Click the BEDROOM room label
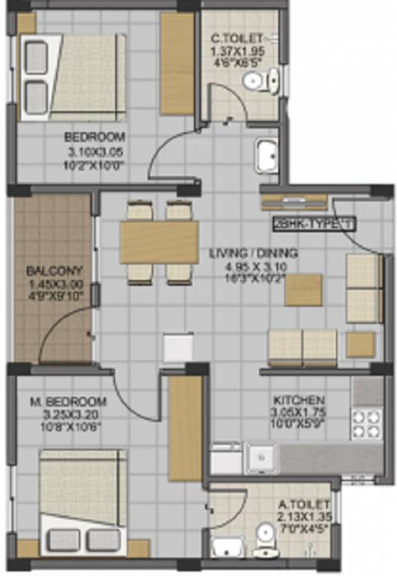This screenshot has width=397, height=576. tap(95, 137)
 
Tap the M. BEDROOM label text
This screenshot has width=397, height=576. tap(68, 402)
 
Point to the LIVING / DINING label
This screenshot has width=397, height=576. tap(254, 253)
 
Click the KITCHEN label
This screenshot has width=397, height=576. tap(299, 400)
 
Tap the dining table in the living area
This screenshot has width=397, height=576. tap(159, 242)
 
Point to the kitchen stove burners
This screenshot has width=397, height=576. tap(368, 424)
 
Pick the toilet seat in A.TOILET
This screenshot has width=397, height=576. tap(266, 538)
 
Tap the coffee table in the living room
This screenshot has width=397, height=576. tap(303, 290)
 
